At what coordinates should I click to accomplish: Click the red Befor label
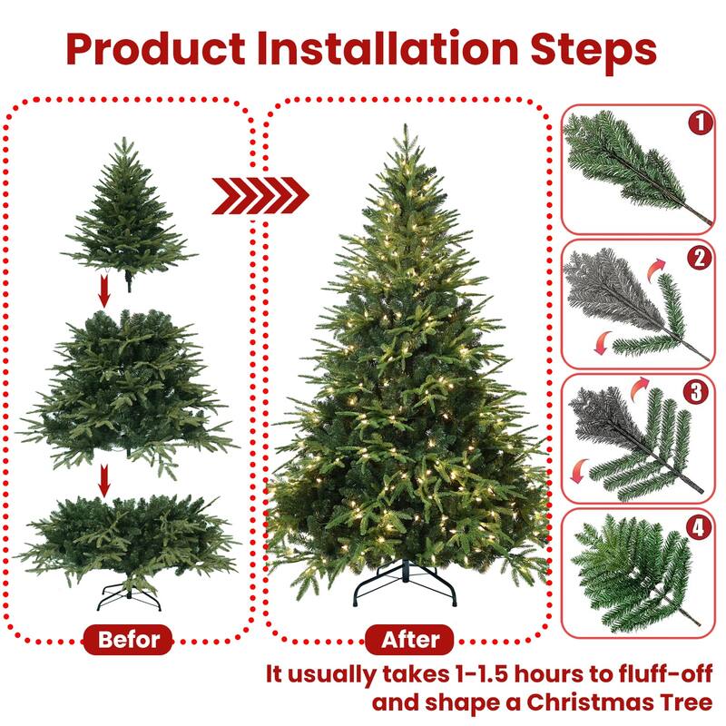click(128, 639)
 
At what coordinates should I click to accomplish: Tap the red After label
click(410, 639)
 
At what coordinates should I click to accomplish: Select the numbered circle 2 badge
click(697, 258)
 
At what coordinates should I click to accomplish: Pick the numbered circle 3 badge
click(697, 392)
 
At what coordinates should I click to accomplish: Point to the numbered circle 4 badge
click(697, 527)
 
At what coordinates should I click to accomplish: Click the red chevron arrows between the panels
click(260, 195)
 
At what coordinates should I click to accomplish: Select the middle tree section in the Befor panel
click(127, 386)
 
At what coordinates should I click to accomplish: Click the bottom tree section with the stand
click(127, 544)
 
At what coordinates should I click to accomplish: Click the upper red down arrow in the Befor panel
click(104, 292)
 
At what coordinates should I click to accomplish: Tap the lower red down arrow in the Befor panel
click(104, 481)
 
